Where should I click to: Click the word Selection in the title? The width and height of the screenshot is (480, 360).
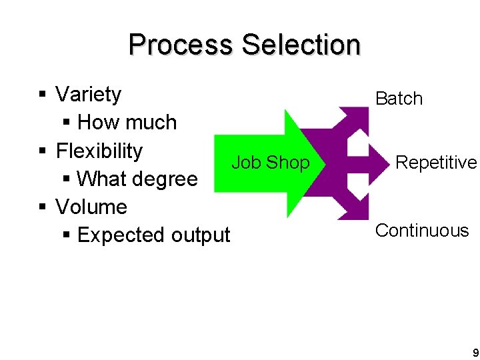click(x=301, y=45)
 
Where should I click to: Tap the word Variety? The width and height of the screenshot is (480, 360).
click(x=88, y=95)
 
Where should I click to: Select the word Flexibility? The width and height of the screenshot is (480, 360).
click(x=99, y=151)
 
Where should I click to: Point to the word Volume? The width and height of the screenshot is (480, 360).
click(x=91, y=207)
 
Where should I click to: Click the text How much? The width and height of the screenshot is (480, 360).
click(x=127, y=123)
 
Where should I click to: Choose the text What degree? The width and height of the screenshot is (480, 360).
click(x=137, y=179)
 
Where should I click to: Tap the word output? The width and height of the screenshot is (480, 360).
click(x=200, y=235)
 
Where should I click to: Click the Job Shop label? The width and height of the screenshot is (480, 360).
click(x=270, y=163)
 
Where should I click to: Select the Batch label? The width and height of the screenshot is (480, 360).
click(x=399, y=99)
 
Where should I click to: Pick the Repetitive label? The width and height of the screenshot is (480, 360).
click(x=436, y=163)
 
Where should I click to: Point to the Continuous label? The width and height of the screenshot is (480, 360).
click(x=422, y=231)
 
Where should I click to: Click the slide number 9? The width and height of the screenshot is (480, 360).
click(x=475, y=352)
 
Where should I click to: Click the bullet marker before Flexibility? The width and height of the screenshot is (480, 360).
click(x=42, y=152)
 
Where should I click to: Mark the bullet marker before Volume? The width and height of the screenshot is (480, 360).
click(x=42, y=208)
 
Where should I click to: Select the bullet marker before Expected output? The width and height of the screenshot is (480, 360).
click(x=65, y=236)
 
